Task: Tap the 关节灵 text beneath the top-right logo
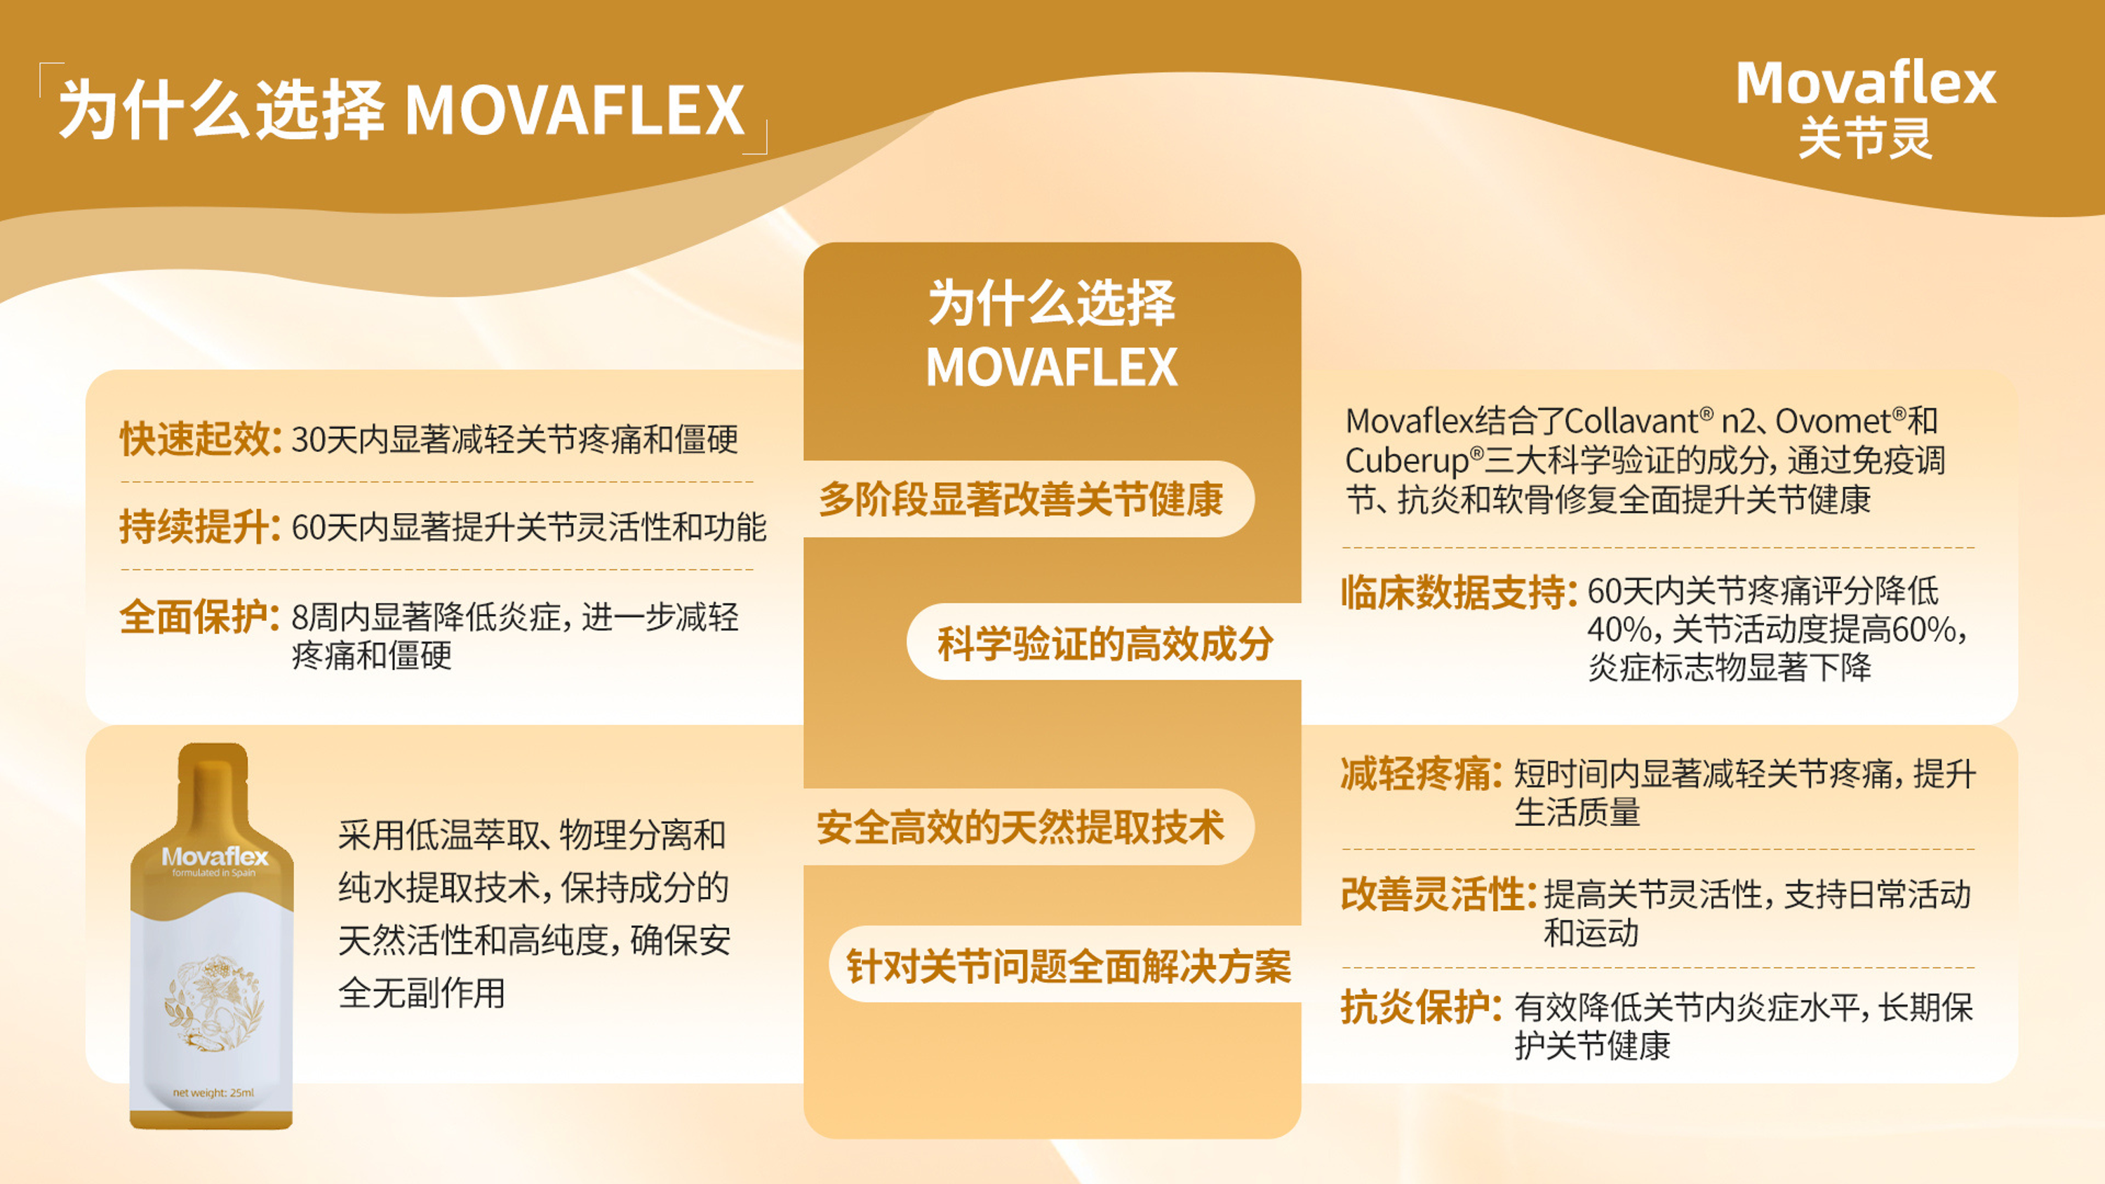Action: (1865, 138)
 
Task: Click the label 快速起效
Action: (200, 439)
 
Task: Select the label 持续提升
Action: (200, 526)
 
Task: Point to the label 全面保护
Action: (200, 616)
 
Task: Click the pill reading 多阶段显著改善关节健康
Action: (1022, 499)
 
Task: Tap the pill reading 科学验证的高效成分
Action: (1105, 643)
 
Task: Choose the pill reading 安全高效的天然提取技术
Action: (1021, 827)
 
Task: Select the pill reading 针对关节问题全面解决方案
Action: (1068, 966)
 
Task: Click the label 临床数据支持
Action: (1459, 592)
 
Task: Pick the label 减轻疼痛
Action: (1420, 773)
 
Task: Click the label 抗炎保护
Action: (1420, 1006)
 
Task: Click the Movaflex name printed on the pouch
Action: (215, 856)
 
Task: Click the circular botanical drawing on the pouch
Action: (214, 1004)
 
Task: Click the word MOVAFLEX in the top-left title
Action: (575, 110)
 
